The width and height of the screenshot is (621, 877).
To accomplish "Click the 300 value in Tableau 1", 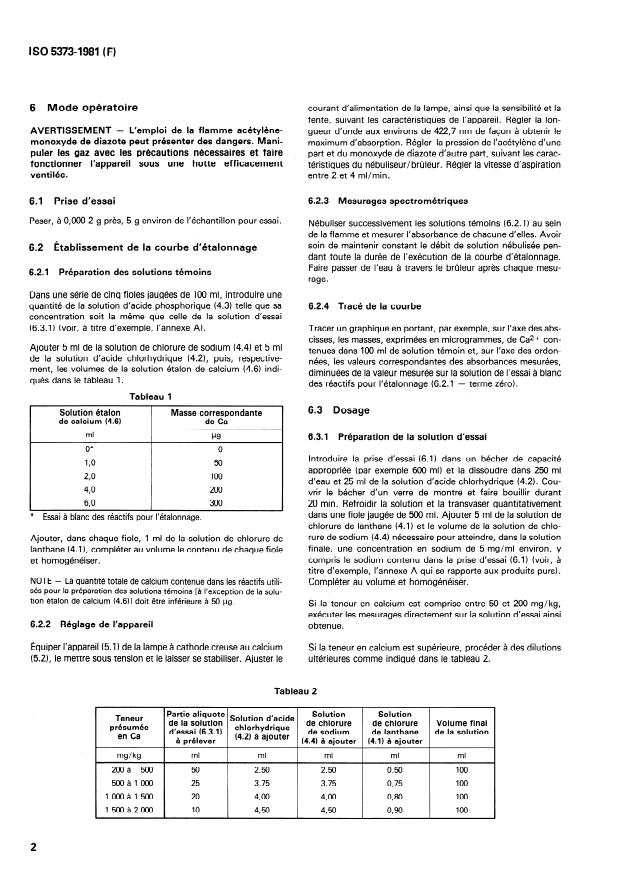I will click(x=216, y=506).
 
